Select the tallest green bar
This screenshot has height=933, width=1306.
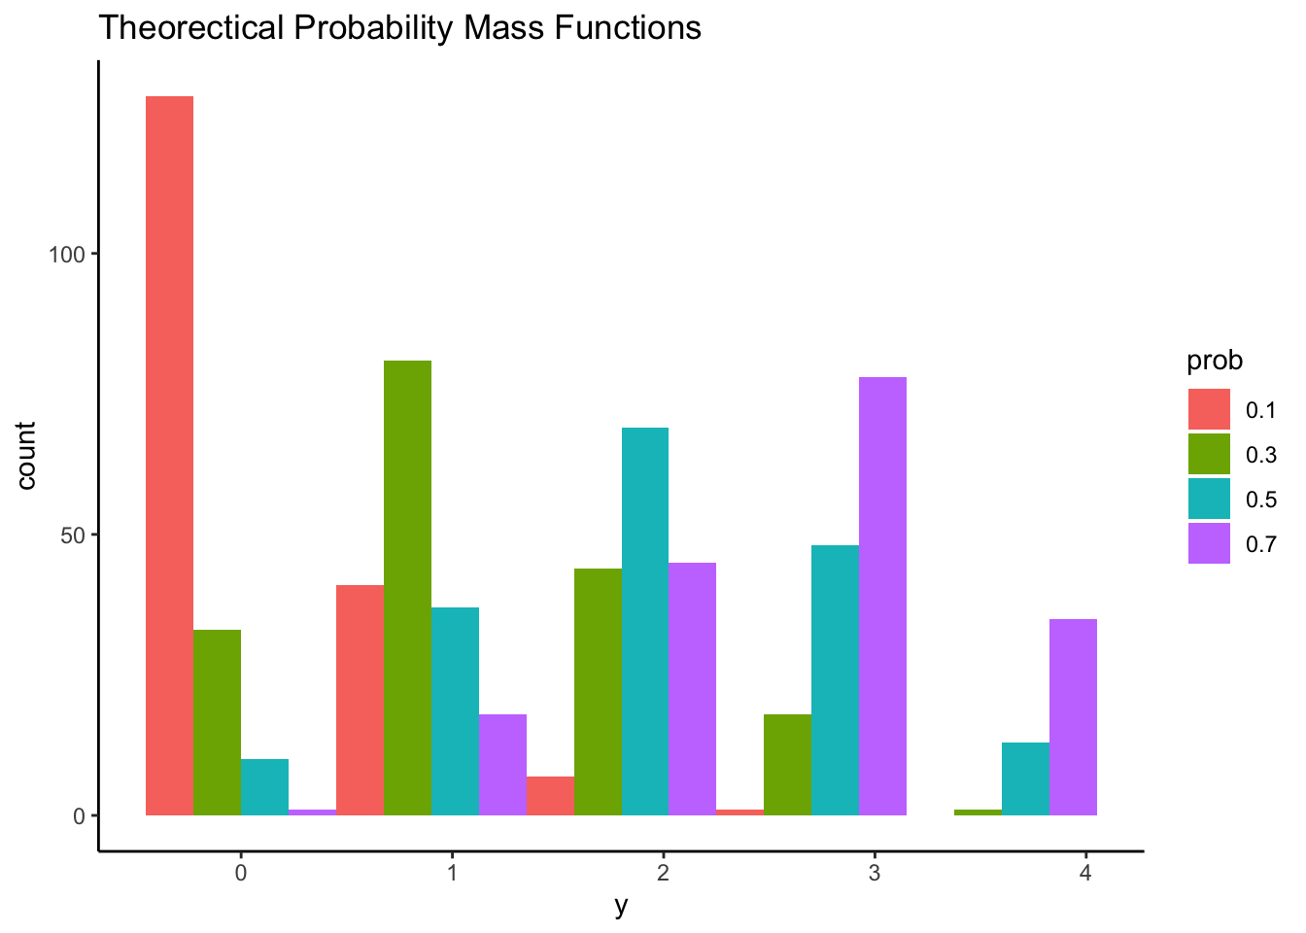tap(407, 587)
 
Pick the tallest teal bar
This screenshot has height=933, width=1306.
tap(645, 621)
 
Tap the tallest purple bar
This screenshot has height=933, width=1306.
tap(882, 596)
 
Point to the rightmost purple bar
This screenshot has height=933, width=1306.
tap(1073, 716)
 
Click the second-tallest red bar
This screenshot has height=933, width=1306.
tap(360, 700)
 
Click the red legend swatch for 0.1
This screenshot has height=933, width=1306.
tap(1209, 409)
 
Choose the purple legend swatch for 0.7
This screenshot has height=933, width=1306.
tap(1209, 543)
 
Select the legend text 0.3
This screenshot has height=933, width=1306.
tap(1260, 455)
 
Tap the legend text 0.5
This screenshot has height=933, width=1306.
tap(1260, 500)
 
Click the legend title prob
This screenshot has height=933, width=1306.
tap(1215, 362)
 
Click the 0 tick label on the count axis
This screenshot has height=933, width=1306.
tap(80, 816)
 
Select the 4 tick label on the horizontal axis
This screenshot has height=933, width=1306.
tap(1085, 873)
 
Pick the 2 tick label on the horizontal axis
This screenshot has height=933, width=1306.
tap(663, 873)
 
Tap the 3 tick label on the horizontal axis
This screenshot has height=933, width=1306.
tap(875, 873)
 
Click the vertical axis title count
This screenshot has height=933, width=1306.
tap(26, 456)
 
